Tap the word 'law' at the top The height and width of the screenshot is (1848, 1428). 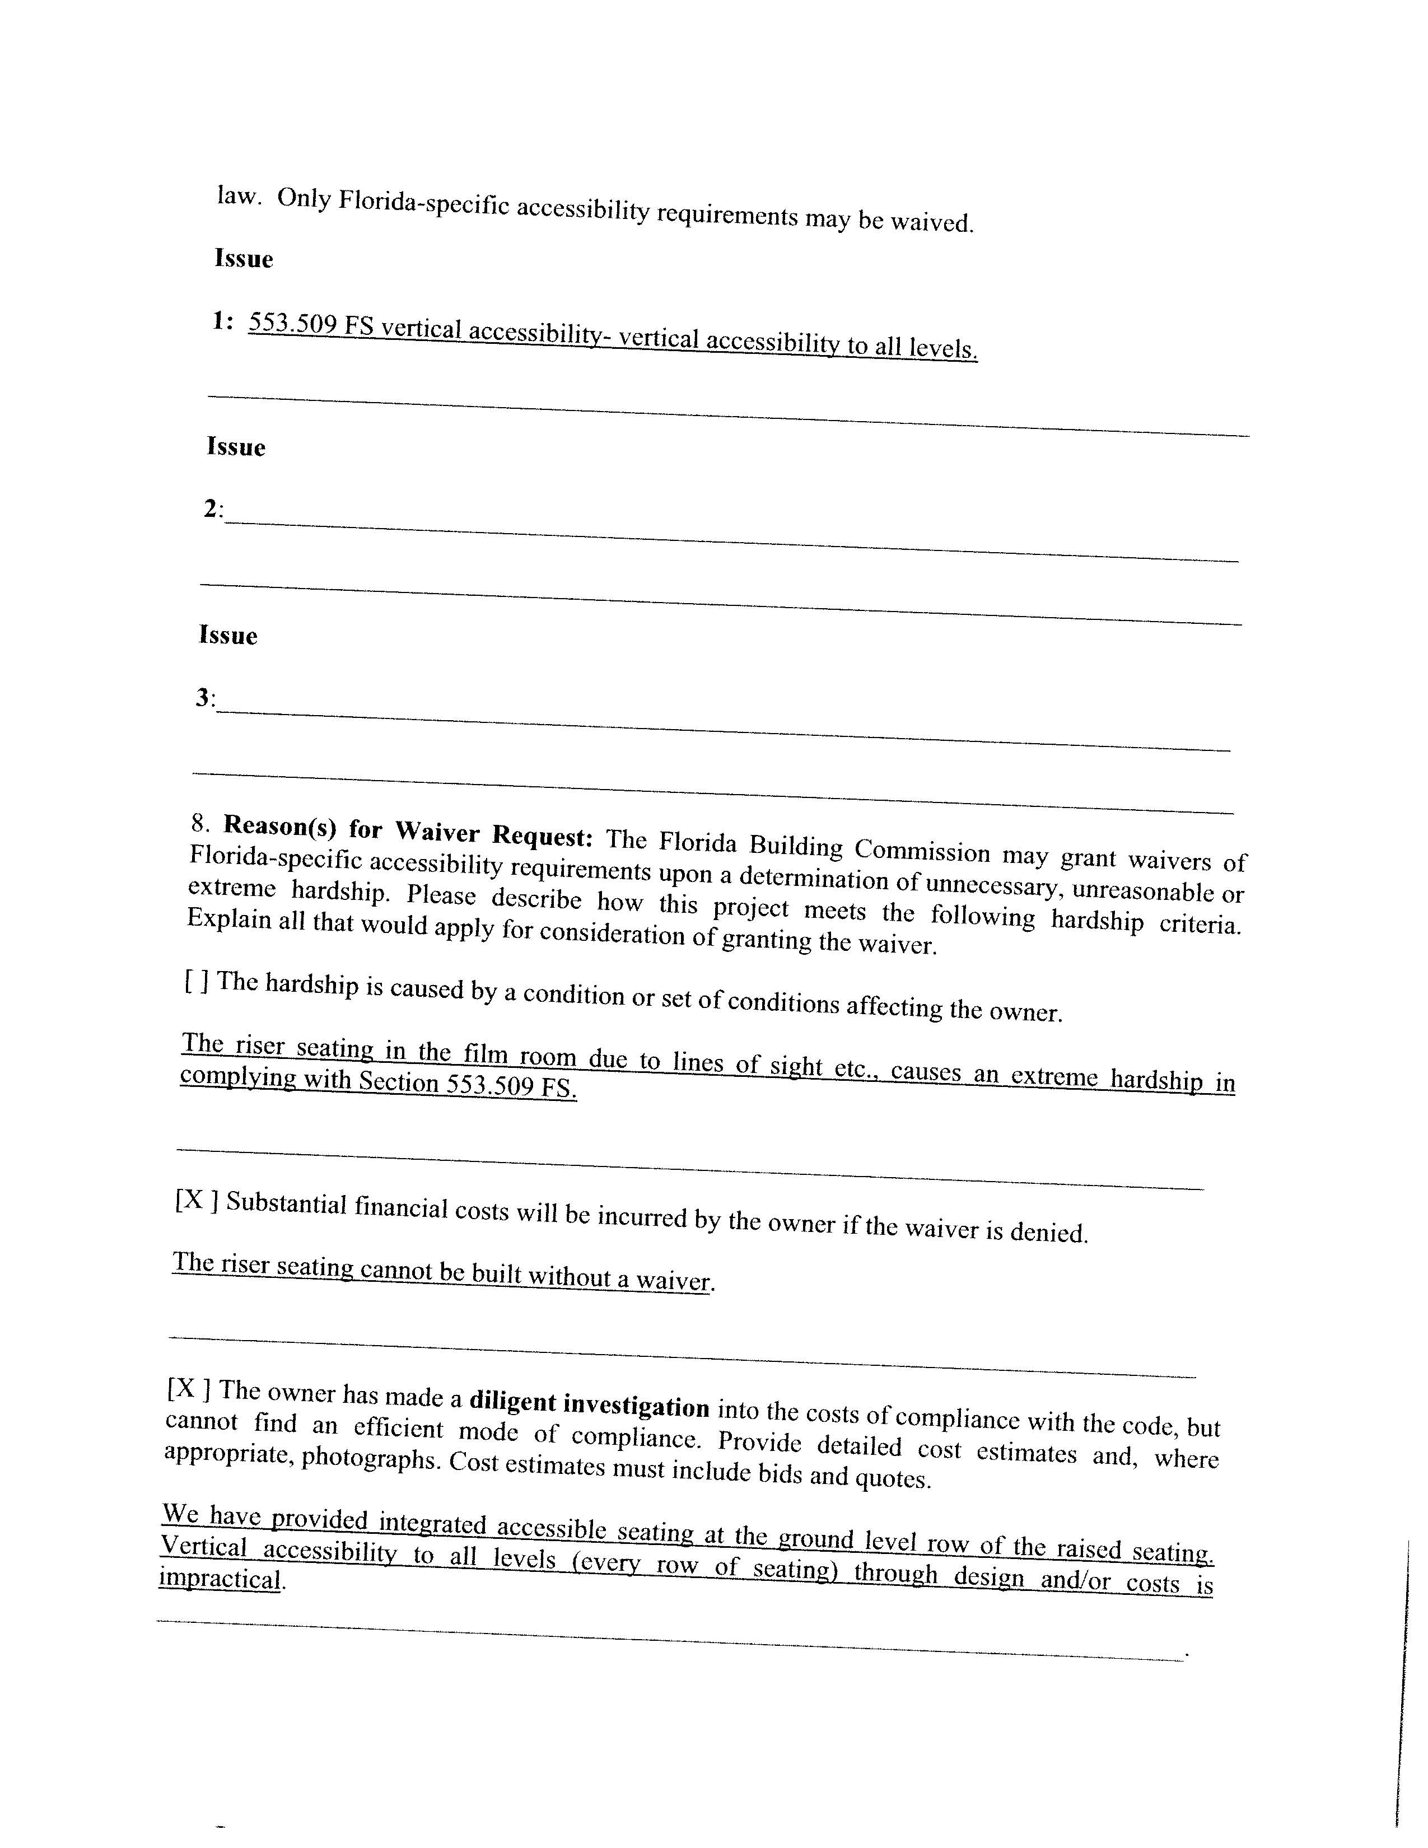[236, 195]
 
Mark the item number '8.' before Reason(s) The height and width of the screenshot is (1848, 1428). [200, 823]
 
